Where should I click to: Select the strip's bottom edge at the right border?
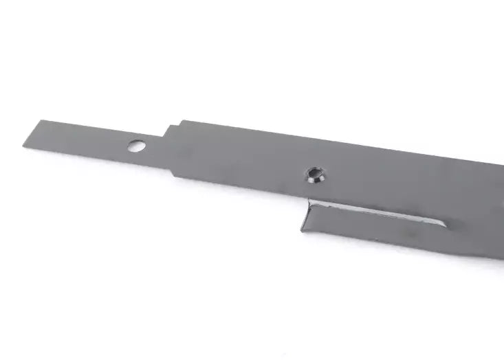pos(503,258)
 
